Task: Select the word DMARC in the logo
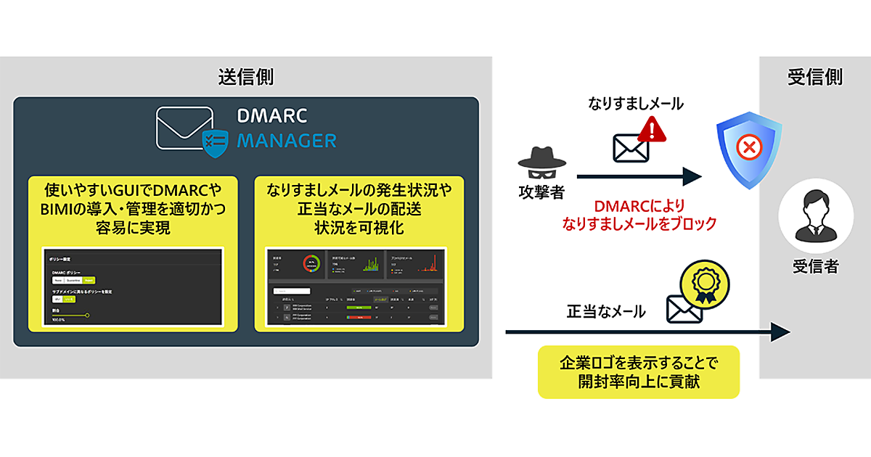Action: [271, 116]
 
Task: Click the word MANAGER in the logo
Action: [286, 139]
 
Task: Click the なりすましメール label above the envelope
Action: [636, 104]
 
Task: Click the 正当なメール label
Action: [606, 312]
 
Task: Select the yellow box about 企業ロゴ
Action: [638, 371]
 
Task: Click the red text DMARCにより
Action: [639, 206]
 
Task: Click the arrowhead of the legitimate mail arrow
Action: [781, 332]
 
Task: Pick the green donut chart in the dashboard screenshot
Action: [313, 263]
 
